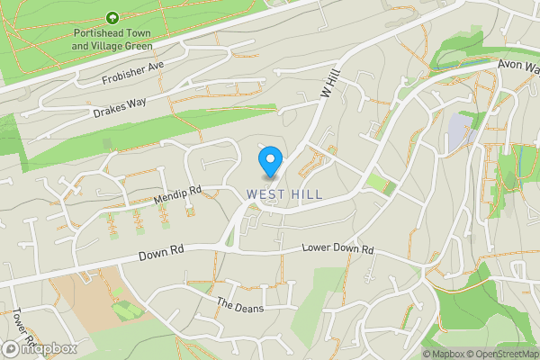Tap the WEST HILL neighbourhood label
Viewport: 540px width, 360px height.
pyautogui.click(x=283, y=193)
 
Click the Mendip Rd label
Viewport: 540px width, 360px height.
pyautogui.click(x=177, y=192)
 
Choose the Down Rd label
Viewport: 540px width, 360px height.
pyautogui.click(x=162, y=255)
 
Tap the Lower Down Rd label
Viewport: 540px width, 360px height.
pyautogui.click(x=337, y=248)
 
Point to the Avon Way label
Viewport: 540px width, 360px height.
pyautogui.click(x=519, y=66)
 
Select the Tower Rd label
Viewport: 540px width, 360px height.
pyautogui.click(x=23, y=329)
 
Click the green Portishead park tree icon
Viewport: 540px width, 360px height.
pyautogui.click(x=112, y=18)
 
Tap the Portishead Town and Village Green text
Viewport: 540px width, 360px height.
pyautogui.click(x=112, y=39)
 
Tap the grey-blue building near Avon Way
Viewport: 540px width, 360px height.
pyautogui.click(x=458, y=130)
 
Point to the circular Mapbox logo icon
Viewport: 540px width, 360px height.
pyautogui.click(x=12, y=348)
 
